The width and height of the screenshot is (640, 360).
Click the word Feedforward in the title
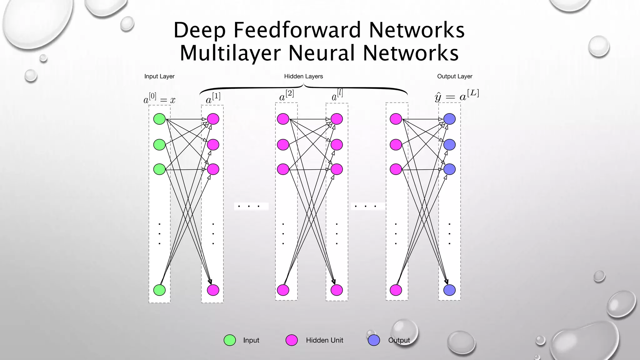point(297,30)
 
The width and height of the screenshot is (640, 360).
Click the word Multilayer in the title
point(230,53)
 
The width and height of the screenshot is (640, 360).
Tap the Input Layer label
point(159,76)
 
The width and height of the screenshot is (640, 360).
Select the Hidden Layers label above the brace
point(303,76)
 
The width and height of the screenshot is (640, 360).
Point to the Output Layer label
point(454,76)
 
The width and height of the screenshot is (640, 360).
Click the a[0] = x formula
point(159,98)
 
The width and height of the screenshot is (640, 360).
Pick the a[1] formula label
point(213,98)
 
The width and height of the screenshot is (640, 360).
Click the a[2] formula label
point(286,96)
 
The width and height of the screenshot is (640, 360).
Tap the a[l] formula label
point(337,95)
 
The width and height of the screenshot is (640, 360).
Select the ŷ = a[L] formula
point(457,96)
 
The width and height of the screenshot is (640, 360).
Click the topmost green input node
point(159,119)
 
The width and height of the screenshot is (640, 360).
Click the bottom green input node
point(159,290)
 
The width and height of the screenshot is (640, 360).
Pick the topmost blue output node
point(449,119)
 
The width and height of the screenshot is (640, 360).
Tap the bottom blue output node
point(449,290)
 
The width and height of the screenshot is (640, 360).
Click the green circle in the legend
point(230,340)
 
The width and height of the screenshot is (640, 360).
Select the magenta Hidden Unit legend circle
point(292,340)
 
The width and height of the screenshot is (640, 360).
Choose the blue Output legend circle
point(374,340)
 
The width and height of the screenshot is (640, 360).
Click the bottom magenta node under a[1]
point(213,290)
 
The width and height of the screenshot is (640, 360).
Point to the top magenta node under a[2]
point(283,119)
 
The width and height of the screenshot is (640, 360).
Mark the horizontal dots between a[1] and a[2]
point(249,206)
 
